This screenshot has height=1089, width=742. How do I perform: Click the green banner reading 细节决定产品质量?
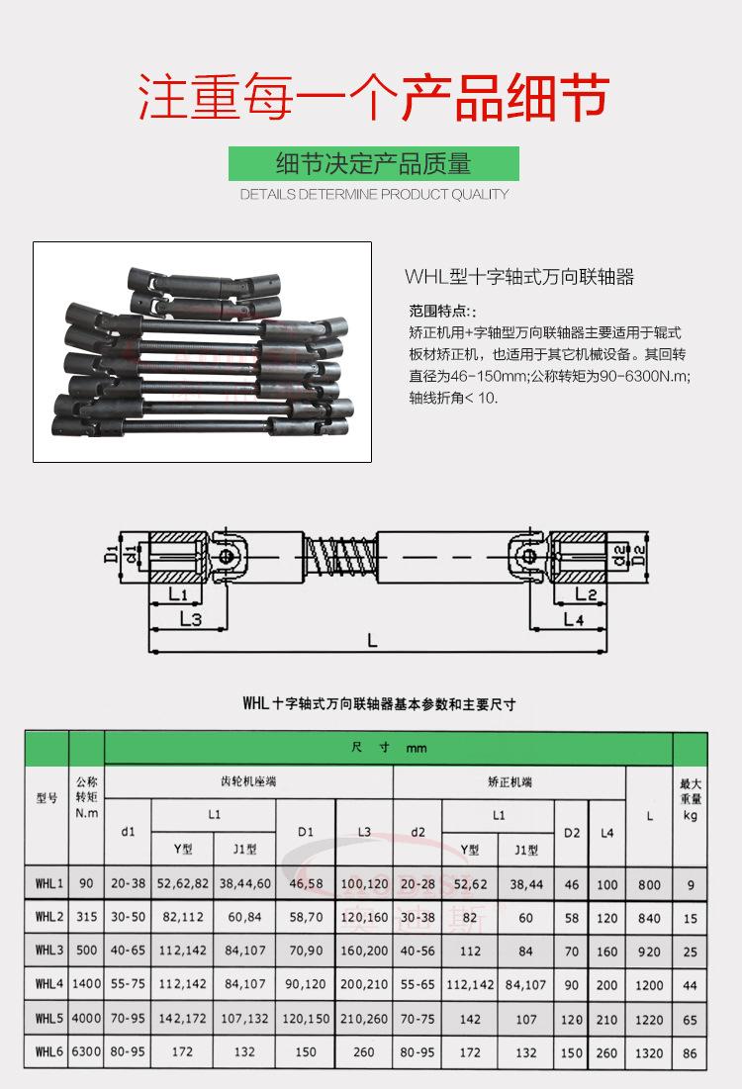(373, 163)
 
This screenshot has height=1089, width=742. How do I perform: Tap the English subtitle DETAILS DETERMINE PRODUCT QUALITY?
(373, 195)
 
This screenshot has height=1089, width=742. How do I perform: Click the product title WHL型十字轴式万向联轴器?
(518, 277)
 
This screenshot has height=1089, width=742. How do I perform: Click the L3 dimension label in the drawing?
(191, 619)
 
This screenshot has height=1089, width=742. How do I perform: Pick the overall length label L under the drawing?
(372, 641)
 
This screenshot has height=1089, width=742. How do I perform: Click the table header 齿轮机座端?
(247, 781)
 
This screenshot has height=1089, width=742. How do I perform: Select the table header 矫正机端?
(510, 781)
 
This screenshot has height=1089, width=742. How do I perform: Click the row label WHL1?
(48, 884)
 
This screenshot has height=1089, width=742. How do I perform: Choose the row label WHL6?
(48, 1052)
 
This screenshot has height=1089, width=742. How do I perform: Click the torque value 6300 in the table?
(86, 1052)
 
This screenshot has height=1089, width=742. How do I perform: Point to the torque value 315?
(86, 918)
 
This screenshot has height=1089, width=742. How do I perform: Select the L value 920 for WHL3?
(649, 952)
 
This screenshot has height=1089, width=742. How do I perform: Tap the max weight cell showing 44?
(690, 985)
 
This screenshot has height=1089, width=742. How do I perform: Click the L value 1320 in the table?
(649, 1052)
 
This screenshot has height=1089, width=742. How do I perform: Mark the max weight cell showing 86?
(690, 1052)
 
